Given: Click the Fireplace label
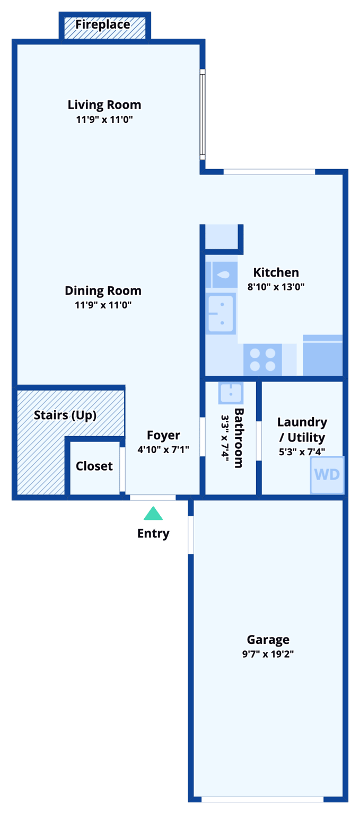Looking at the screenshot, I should (x=102, y=24).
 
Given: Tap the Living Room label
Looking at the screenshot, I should (x=104, y=104).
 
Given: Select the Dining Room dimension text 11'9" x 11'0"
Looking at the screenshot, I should (x=103, y=305).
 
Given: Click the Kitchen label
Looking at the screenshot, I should (x=276, y=272).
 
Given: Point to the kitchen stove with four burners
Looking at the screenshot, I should (x=262, y=359).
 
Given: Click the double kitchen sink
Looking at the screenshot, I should (x=221, y=314).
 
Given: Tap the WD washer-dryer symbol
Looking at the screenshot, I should (x=327, y=474).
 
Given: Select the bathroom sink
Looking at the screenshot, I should (x=231, y=393).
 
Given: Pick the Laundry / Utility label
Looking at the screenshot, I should (x=302, y=430).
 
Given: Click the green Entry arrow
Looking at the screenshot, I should (x=153, y=514).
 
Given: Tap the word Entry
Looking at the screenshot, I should (x=153, y=534).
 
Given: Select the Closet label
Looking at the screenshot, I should (x=94, y=466).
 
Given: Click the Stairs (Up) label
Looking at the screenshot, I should (x=65, y=415).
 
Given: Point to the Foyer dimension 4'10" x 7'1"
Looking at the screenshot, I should (x=163, y=450).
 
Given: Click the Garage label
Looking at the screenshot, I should (x=268, y=640).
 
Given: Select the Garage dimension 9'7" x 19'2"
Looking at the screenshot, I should (x=268, y=654).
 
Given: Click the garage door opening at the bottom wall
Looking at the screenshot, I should (x=262, y=799).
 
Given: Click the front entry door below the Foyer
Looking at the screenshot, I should (x=153, y=498).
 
